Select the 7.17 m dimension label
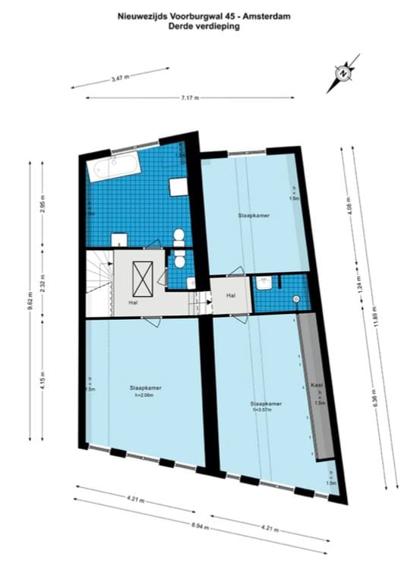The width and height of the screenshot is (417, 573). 189,97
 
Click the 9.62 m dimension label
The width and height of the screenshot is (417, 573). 30,295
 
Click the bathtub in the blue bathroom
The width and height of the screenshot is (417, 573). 113,166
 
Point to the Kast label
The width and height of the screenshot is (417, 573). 317,385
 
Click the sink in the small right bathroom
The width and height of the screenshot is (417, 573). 264,284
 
